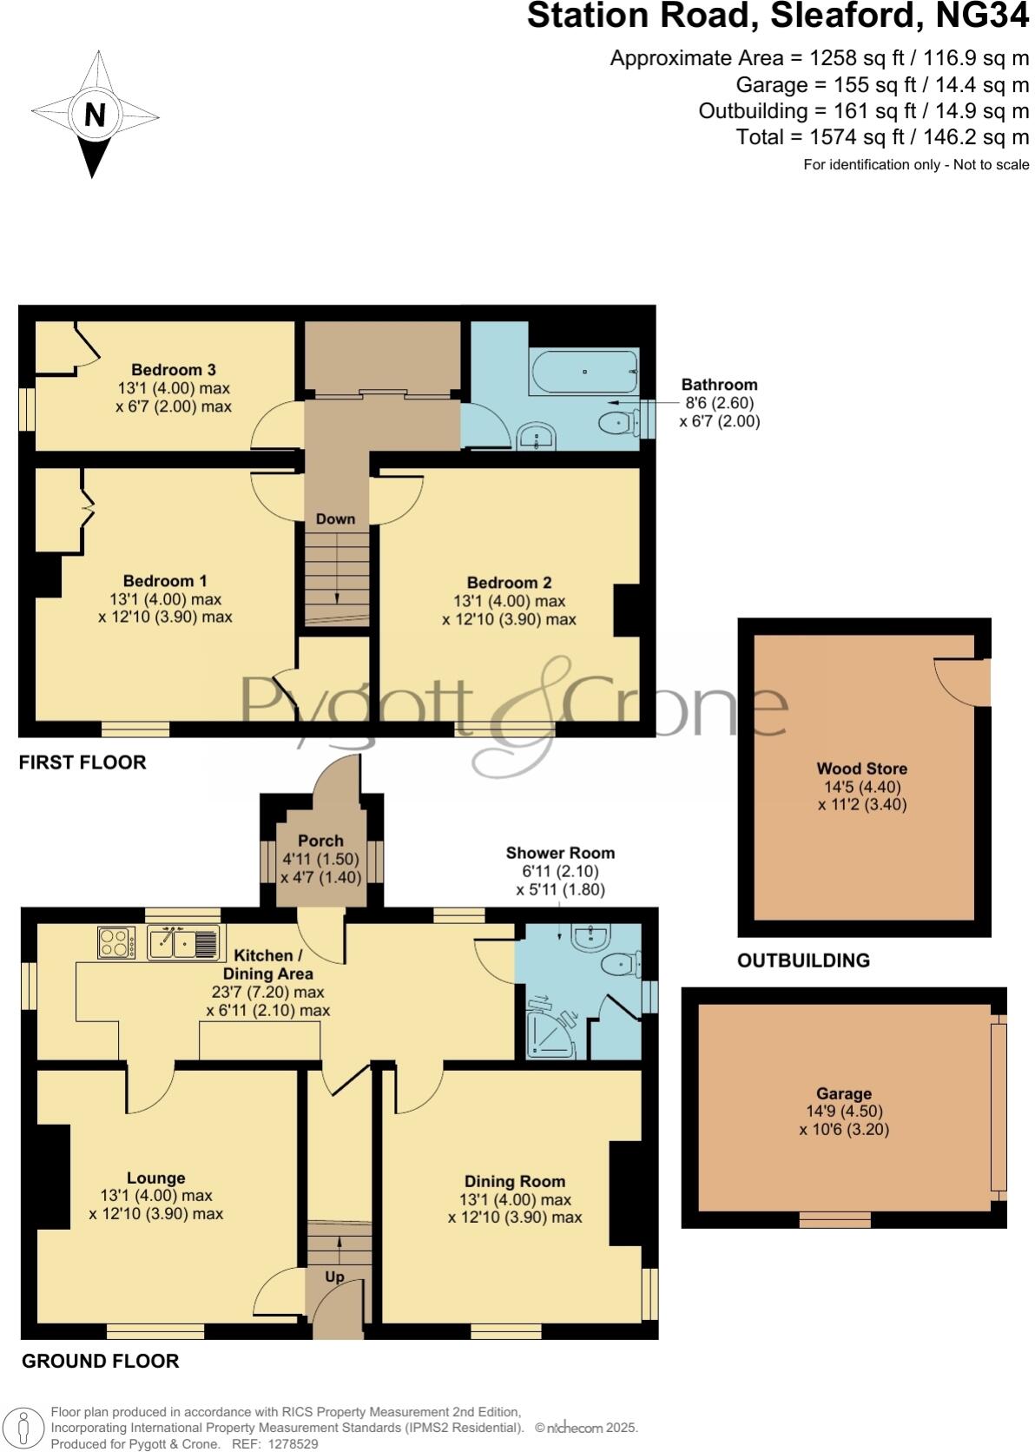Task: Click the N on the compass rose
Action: click(95, 115)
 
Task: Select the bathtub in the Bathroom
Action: click(583, 372)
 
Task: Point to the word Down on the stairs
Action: click(335, 518)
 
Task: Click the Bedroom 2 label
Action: click(509, 583)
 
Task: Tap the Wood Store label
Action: click(861, 769)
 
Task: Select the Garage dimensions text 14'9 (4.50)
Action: click(843, 1112)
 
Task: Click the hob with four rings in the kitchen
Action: click(116, 942)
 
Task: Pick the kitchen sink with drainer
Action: click(183, 943)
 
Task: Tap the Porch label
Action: click(320, 841)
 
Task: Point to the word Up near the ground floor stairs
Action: click(334, 1277)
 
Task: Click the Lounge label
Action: click(156, 1178)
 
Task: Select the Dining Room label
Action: click(515, 1181)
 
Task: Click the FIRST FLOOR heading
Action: click(82, 762)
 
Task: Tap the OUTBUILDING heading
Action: click(803, 960)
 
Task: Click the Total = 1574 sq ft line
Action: click(882, 137)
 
